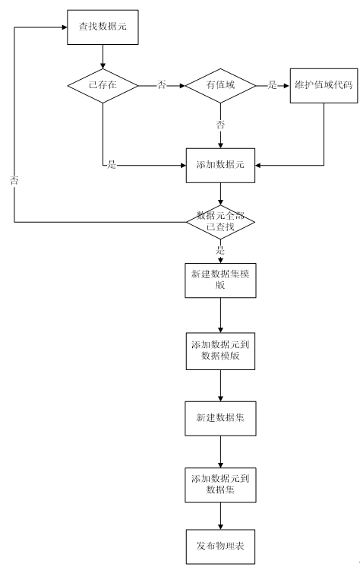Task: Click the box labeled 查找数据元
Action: click(x=103, y=27)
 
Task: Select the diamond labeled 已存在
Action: click(x=103, y=86)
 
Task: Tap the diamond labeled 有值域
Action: click(x=220, y=86)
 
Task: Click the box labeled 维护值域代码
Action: click(x=324, y=86)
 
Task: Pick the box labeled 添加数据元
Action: click(x=220, y=165)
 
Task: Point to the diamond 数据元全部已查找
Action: click(x=220, y=222)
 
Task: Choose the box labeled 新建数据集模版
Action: click(x=220, y=280)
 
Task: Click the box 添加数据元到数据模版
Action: click(x=220, y=351)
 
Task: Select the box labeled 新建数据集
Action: click(x=220, y=418)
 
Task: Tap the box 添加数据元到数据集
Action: click(x=220, y=485)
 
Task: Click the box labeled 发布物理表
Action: click(x=220, y=546)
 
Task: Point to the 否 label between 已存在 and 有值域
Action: click(x=161, y=85)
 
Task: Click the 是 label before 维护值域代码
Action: click(x=272, y=85)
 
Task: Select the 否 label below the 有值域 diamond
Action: click(x=220, y=125)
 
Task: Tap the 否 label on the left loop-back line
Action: click(x=14, y=180)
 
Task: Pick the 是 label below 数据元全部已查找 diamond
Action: click(x=220, y=250)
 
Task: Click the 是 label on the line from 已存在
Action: click(x=112, y=165)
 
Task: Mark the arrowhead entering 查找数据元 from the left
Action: click(x=65, y=27)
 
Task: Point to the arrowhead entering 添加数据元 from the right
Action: click(x=257, y=165)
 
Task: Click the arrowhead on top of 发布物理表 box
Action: click(x=220, y=527)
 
